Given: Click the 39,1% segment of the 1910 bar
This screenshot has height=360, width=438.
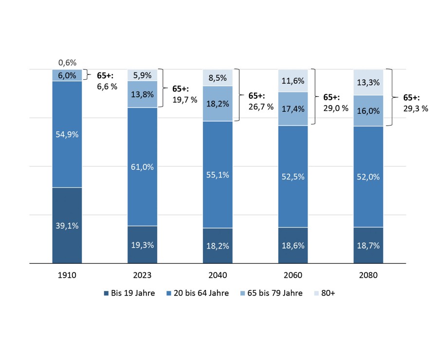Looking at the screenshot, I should tap(67, 225).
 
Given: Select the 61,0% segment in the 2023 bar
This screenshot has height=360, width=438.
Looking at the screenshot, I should tap(143, 167).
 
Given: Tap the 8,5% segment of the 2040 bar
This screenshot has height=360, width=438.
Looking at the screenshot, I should tap(218, 77).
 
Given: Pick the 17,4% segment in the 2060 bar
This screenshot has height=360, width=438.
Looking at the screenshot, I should tap(293, 108).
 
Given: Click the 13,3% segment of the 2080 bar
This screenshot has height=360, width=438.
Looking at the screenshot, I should tap(368, 82).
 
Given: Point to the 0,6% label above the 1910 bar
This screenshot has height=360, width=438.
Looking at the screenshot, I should tap(67, 62).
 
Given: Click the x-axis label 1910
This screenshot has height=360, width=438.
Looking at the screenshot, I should tap(67, 275).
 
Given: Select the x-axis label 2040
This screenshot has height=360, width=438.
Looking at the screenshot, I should tap(218, 275).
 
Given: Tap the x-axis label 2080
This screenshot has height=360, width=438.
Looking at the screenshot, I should tap(368, 275).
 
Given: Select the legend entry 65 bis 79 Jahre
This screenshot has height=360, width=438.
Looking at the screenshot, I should tap(273, 293).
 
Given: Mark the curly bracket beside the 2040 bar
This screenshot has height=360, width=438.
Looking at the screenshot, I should tap(238, 95).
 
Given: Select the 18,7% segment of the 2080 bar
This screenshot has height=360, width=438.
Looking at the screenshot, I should tap(368, 245).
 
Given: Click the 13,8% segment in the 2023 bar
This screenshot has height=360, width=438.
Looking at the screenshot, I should tap(143, 94).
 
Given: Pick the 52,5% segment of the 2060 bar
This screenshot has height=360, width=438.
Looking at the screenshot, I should tap(293, 177).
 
